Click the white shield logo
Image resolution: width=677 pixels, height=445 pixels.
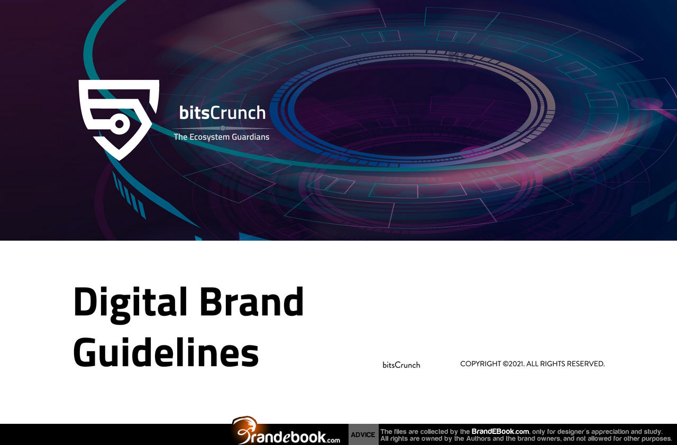click(119, 120)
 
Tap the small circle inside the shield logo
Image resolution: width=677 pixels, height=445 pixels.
click(120, 124)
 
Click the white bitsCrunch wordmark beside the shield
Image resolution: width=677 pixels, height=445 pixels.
click(223, 113)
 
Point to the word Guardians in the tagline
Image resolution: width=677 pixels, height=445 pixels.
click(251, 137)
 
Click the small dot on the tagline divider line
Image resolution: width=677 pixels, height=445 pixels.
click(223, 128)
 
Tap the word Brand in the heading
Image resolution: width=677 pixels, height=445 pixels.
click(251, 301)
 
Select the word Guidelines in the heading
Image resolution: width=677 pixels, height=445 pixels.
click(166, 351)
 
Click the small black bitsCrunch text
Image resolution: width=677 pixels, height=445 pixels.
click(401, 365)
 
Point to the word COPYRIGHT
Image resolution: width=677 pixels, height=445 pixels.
click(481, 363)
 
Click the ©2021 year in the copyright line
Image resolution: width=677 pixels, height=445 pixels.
click(514, 363)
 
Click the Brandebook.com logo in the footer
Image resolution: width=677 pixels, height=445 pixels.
click(286, 431)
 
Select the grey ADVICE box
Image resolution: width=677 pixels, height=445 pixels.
click(363, 434)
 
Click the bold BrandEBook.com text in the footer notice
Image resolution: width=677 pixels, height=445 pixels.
click(500, 431)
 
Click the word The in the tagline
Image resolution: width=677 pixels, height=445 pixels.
click(180, 137)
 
